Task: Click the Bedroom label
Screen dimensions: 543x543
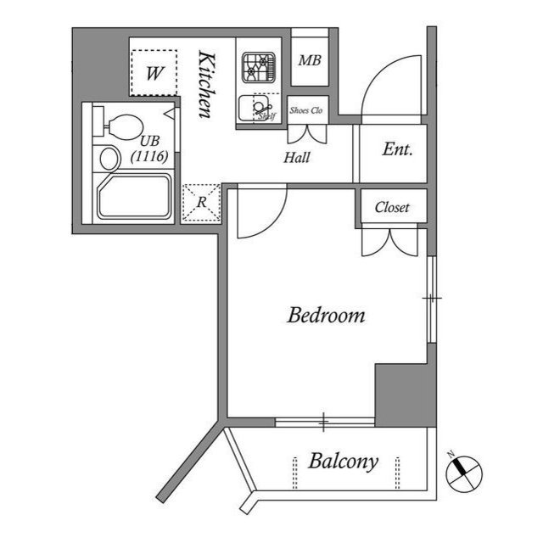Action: point(327,316)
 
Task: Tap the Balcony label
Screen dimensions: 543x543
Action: point(343,462)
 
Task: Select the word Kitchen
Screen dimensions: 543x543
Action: point(205,85)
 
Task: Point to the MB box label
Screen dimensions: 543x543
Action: point(309,60)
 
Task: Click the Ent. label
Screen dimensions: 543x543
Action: point(397,150)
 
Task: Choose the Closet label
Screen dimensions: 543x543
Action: point(392,207)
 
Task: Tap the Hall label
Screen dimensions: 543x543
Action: point(297,157)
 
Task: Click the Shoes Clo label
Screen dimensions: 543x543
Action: point(306,110)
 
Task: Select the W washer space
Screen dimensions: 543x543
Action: point(154,73)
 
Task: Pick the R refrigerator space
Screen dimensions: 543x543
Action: point(201,203)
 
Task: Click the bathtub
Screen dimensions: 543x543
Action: point(136,199)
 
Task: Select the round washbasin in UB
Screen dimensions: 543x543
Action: point(109,158)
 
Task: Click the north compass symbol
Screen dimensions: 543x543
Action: point(462,471)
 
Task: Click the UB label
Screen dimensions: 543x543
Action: point(149,141)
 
